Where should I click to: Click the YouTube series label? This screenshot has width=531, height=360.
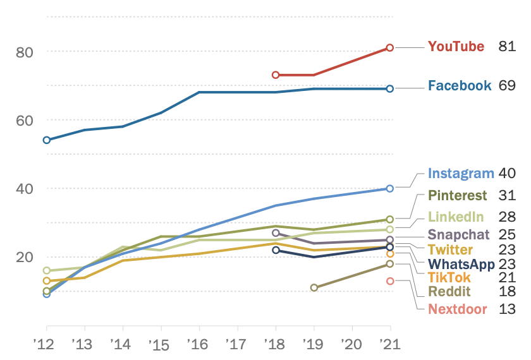point(456,47)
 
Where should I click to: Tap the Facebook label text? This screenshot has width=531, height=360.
point(460,86)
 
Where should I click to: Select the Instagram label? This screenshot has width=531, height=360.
point(460,174)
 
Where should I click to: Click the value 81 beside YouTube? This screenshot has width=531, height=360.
point(507,47)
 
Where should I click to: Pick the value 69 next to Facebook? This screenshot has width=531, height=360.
point(507,86)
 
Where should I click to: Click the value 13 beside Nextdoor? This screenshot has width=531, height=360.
point(507,309)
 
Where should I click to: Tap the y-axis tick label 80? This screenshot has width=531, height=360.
point(23,52)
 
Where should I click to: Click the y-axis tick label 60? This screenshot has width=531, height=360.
point(23,120)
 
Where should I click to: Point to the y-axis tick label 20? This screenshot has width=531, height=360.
point(23,257)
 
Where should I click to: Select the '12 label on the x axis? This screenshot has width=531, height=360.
point(46,344)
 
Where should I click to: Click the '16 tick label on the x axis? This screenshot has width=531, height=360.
point(199,344)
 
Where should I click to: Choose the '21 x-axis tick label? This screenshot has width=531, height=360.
point(390,344)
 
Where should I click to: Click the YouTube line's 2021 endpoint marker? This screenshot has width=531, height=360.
point(390,47)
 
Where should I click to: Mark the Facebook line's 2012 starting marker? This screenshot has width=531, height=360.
point(47,140)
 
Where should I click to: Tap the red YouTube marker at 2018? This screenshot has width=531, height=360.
point(276,75)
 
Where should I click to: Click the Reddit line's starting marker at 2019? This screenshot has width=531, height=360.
point(314,287)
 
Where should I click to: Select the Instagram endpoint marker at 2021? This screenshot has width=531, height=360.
point(390,188)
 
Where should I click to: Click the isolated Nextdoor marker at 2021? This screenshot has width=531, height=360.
point(390,281)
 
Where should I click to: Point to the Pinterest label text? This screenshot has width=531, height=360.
point(458,195)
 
